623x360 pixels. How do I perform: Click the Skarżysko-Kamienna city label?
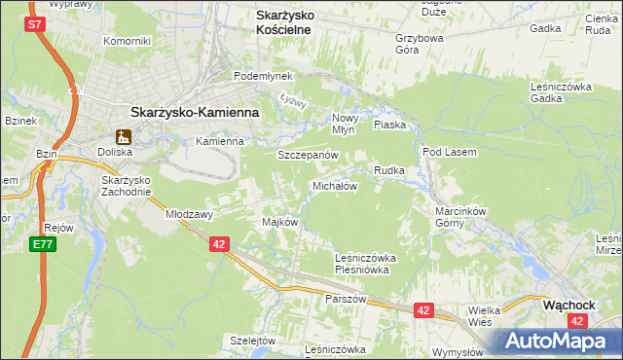(x=194, y=112)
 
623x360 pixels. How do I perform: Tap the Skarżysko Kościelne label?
(x=296, y=22)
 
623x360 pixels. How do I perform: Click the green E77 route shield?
(x=41, y=243)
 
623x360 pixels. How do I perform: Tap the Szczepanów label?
(x=307, y=156)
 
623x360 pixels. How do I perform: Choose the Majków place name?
(x=279, y=222)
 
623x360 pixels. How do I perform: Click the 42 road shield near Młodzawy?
(x=219, y=245)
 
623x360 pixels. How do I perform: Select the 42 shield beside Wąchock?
(x=578, y=320)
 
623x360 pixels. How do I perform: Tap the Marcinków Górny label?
(x=459, y=215)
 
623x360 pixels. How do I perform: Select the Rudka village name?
(x=389, y=170)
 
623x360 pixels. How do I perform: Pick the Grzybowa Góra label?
(x=420, y=46)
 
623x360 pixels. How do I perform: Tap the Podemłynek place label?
(x=257, y=76)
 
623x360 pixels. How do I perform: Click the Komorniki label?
(x=128, y=42)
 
